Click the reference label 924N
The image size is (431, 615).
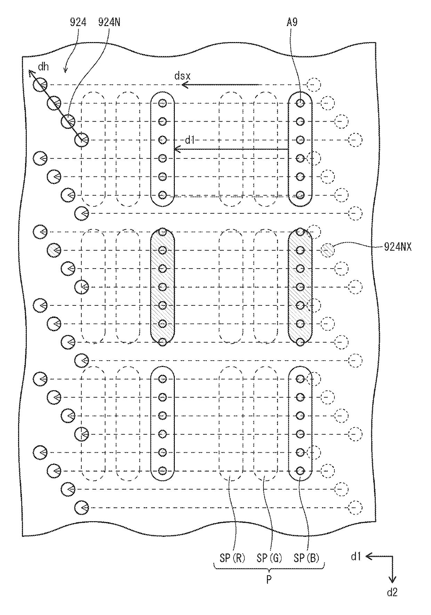[x=109, y=23]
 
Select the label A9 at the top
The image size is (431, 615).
[x=292, y=23]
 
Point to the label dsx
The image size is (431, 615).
[x=182, y=75]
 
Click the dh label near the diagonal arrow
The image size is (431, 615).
[x=43, y=66]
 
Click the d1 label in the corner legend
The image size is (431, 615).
[x=355, y=557]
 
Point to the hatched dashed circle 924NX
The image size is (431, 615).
[x=327, y=250]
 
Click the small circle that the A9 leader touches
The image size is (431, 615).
[x=301, y=103]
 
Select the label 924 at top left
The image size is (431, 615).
[x=78, y=23]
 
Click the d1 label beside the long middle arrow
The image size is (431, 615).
[x=189, y=140]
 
